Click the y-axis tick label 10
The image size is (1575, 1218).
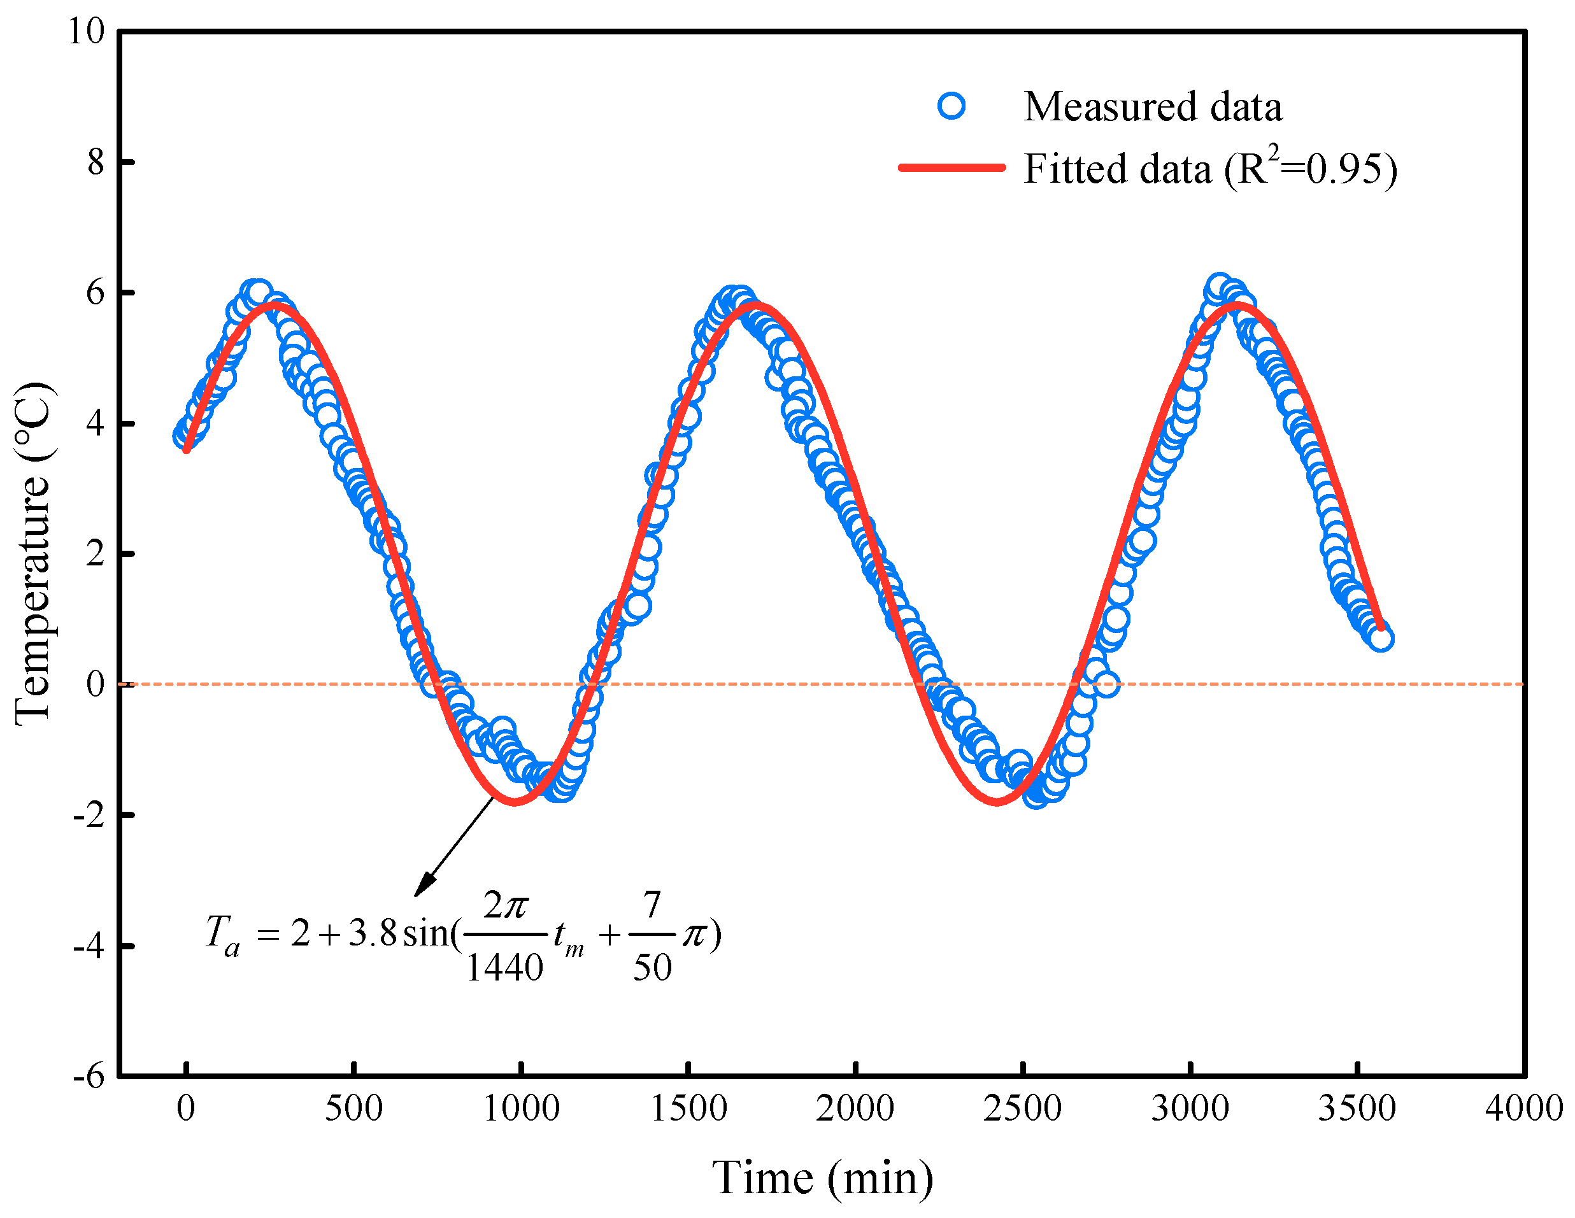[x=86, y=31]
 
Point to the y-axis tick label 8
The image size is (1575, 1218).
[x=96, y=162]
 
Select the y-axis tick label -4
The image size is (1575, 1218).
[x=89, y=945]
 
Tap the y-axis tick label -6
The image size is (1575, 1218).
[x=89, y=1077]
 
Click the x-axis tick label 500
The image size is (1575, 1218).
[x=353, y=1109]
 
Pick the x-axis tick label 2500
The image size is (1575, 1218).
[x=1022, y=1109]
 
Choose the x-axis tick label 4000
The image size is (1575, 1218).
[x=1523, y=1109]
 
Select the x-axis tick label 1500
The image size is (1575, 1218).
[x=688, y=1109]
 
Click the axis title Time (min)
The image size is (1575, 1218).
[x=822, y=1179]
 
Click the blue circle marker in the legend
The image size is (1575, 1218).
[x=951, y=107]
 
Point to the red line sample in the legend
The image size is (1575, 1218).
[x=951, y=167]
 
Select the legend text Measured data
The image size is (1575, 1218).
[x=1152, y=107]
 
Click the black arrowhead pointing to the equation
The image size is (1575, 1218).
[x=424, y=886]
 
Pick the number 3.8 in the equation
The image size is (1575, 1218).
[x=373, y=934]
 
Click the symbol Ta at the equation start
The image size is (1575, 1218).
[x=222, y=935]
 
